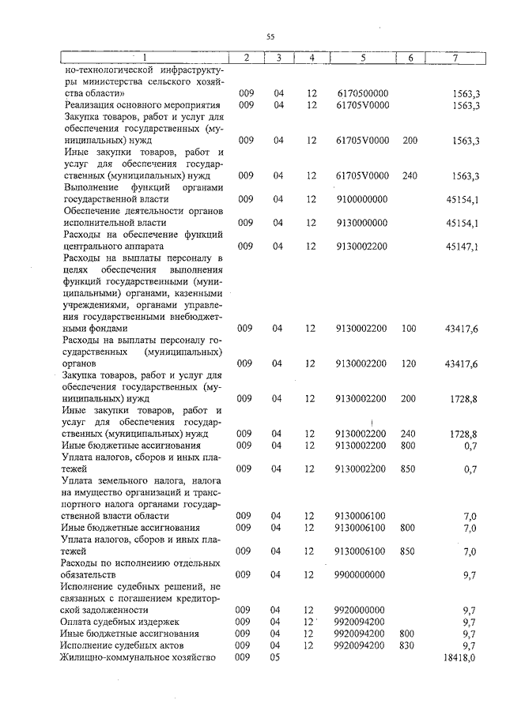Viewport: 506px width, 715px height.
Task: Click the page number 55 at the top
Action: pyautogui.click(x=270, y=36)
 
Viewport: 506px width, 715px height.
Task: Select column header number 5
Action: pyautogui.click(x=362, y=58)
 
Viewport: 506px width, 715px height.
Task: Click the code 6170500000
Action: pyautogui.click(x=361, y=93)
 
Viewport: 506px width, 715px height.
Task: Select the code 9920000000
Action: pyautogui.click(x=361, y=610)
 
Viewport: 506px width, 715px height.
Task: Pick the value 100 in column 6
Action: pyautogui.click(x=409, y=328)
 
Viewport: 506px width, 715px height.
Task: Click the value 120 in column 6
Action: pyautogui.click(x=409, y=363)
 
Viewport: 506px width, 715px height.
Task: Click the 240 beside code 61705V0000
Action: pyautogui.click(x=409, y=175)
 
